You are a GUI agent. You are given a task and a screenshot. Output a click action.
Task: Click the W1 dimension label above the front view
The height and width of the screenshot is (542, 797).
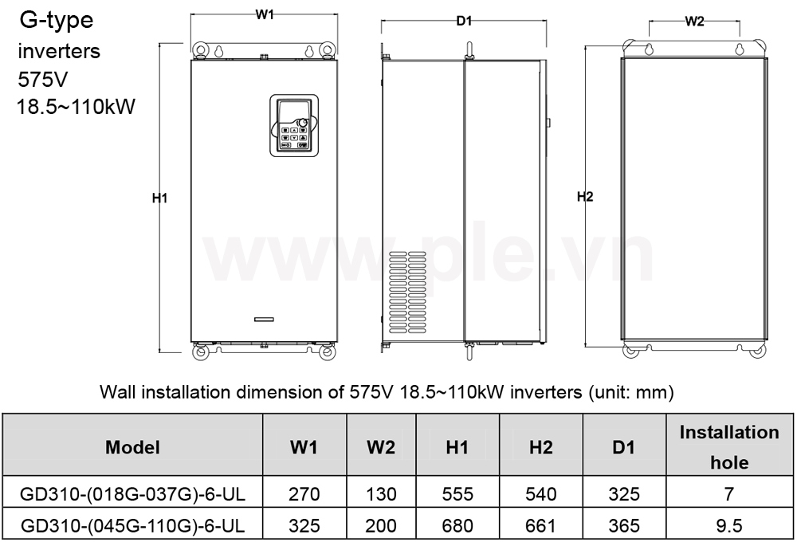coord(265,14)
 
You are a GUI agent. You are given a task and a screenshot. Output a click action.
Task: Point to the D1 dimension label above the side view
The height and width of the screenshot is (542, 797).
coord(464,21)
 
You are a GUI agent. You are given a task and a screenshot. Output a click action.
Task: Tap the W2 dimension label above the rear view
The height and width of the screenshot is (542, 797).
coord(694,22)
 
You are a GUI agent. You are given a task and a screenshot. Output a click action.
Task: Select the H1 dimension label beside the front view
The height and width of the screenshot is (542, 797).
coord(159,198)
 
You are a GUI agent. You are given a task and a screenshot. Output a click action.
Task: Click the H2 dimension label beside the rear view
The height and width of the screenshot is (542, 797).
coord(585,197)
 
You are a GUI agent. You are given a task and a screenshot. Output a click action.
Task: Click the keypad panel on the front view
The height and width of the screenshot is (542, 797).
coord(294,125)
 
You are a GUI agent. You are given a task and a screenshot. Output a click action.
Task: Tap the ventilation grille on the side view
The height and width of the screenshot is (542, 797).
coord(407,292)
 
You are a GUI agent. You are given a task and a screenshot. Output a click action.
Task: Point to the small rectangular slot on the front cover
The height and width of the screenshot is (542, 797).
coord(264,320)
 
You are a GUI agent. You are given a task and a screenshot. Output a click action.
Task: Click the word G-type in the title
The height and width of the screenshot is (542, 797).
coord(57,21)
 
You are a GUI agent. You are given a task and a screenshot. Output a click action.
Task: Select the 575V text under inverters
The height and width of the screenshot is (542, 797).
coord(43,80)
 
